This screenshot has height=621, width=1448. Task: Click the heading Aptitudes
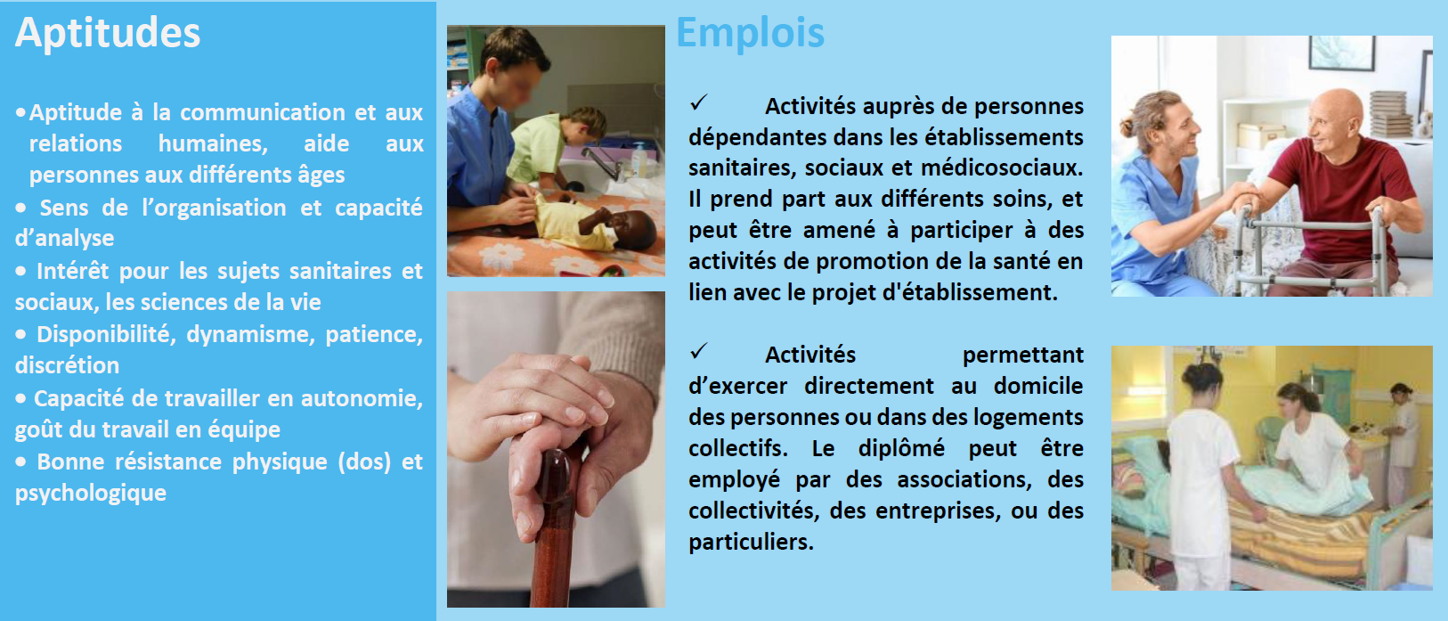107,33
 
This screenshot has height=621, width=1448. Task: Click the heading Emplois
750,32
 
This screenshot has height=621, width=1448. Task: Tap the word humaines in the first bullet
213,143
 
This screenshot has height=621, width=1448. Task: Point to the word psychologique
91,494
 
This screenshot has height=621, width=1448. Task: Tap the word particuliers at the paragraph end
751,542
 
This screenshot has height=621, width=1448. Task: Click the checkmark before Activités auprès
699,102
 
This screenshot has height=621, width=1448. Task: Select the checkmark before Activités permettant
699,351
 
